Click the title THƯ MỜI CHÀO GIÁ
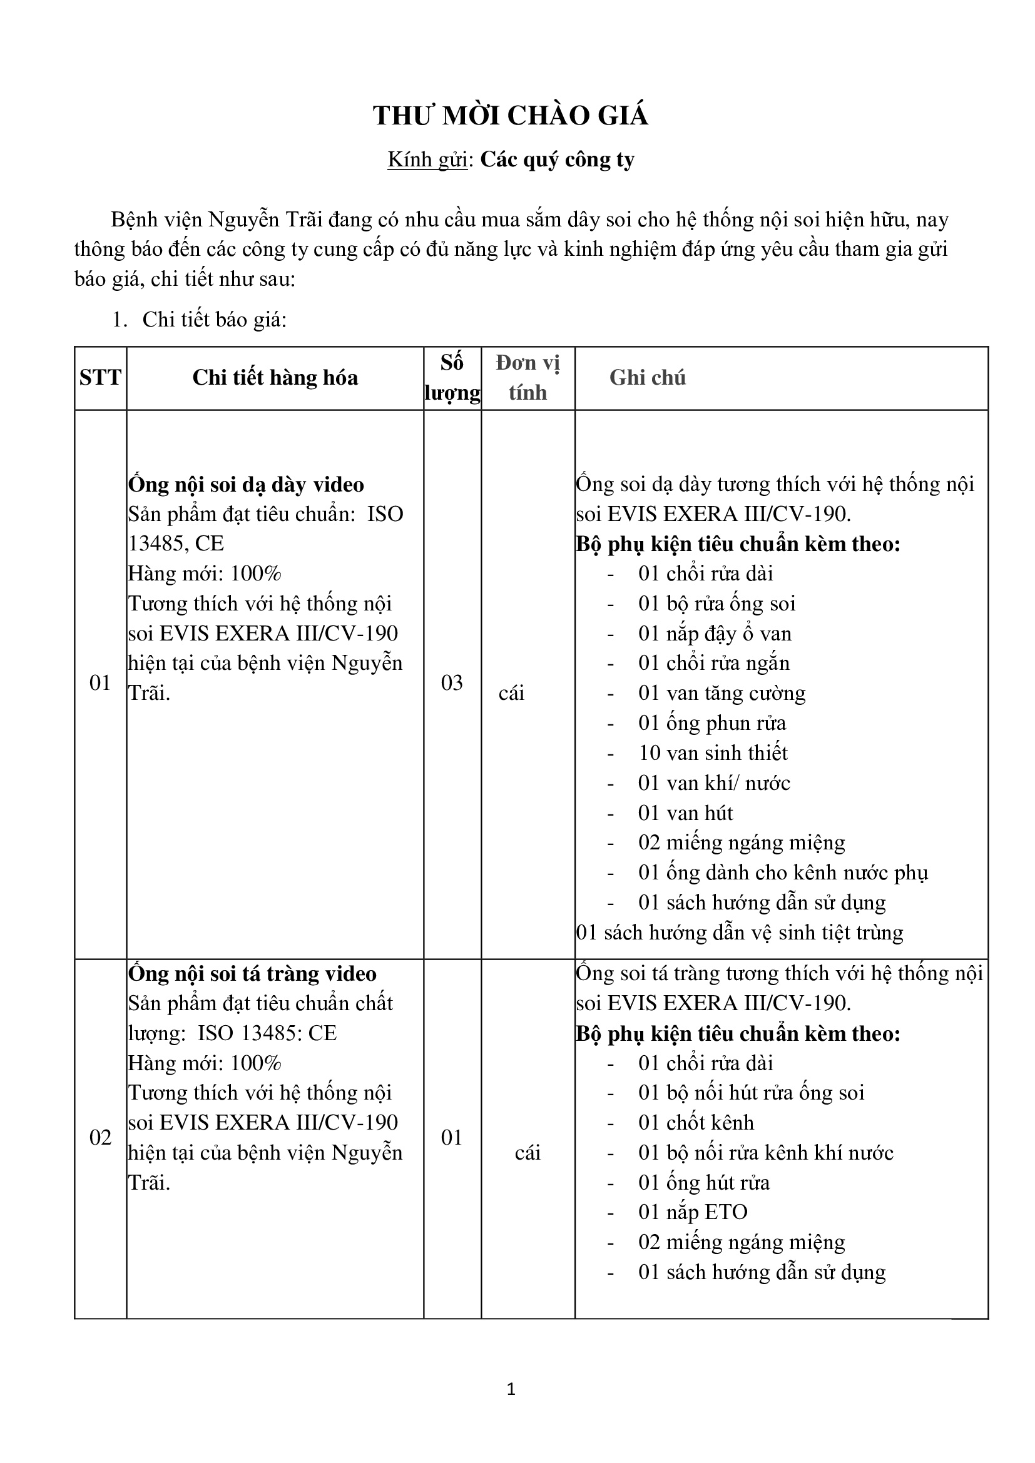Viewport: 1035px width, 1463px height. pyautogui.click(x=511, y=116)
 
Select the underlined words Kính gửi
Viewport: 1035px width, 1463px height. pyautogui.click(x=427, y=159)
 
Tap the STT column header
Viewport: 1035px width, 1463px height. pyautogui.click(x=100, y=378)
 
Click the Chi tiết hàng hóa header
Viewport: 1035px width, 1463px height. pyautogui.click(x=275, y=378)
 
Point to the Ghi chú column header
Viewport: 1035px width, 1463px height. pyautogui.click(x=647, y=378)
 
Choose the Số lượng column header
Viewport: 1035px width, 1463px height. pyautogui.click(x=452, y=378)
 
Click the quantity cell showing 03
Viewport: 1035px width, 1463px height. pyautogui.click(x=452, y=682)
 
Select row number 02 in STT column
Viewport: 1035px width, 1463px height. pyautogui.click(x=100, y=1136)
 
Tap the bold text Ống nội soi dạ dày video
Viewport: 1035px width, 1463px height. pyautogui.click(x=246, y=485)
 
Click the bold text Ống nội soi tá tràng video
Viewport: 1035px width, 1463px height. pyautogui.click(x=252, y=974)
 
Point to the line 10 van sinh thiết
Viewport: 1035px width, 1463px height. pyautogui.click(x=713, y=753)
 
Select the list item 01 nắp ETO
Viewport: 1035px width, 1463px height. pyautogui.click(x=692, y=1212)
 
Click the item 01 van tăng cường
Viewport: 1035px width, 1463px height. pyautogui.click(x=721, y=693)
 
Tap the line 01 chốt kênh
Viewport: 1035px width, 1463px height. pyautogui.click(x=696, y=1122)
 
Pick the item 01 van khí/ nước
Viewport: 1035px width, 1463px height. pyautogui.click(x=714, y=783)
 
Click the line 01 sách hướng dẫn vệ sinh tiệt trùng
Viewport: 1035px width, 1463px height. pyautogui.click(x=739, y=933)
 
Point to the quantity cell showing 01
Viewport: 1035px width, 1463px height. pyautogui.click(x=452, y=1136)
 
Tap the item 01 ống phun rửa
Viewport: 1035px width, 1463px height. pyautogui.click(x=712, y=723)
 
